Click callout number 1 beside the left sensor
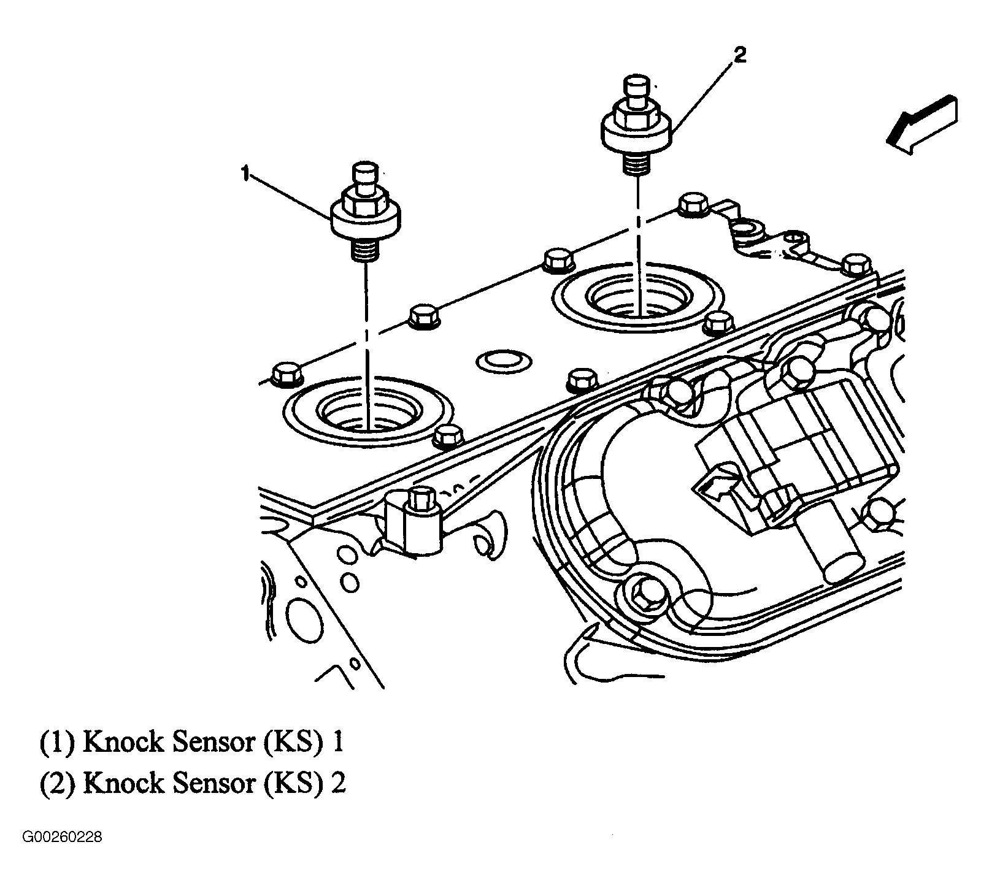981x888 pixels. pyautogui.click(x=245, y=174)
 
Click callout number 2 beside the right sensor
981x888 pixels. pyautogui.click(x=740, y=56)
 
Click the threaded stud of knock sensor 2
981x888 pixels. pyautogui.click(x=637, y=164)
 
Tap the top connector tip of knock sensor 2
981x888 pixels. pyautogui.click(x=636, y=83)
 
